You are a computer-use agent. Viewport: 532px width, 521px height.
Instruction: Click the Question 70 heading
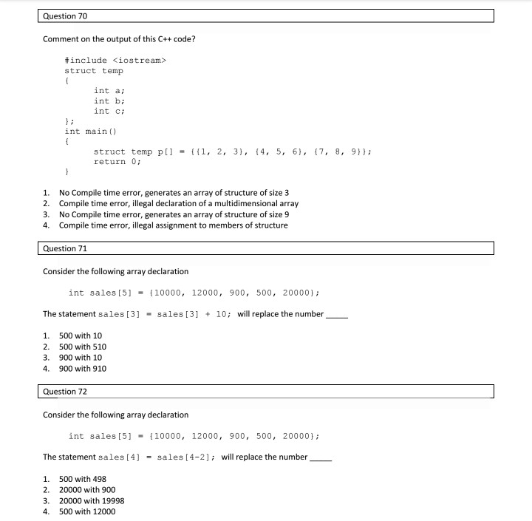[66, 16]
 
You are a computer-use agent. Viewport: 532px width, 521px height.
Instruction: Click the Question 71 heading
[66, 248]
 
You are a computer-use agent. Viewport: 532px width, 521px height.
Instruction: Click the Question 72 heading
[66, 391]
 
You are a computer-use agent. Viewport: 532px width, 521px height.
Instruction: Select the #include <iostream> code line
[116, 59]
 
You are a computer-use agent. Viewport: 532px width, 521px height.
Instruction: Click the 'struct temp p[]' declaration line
[232, 151]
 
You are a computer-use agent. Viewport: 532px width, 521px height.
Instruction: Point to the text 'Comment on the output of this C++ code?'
[119, 39]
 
